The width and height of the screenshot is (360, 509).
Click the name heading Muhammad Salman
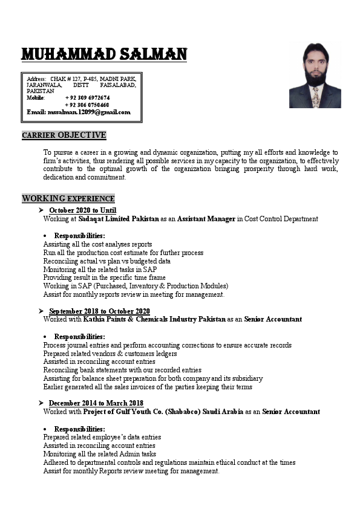pyautogui.click(x=104, y=55)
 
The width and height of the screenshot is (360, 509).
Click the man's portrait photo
pyautogui.click(x=315, y=75)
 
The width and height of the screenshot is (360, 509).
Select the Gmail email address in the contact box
pyautogui.click(x=79, y=112)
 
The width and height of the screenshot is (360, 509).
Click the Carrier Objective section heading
pyautogui.click(x=64, y=135)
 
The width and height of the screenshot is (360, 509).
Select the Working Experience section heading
pyautogui.click(x=68, y=198)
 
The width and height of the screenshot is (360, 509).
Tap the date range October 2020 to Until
pyautogui.click(x=83, y=210)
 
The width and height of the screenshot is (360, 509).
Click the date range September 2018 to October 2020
pyautogui.click(x=99, y=311)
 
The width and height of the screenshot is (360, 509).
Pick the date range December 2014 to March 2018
pyautogui.click(x=96, y=403)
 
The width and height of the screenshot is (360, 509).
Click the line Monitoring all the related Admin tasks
pyautogui.click(x=100, y=454)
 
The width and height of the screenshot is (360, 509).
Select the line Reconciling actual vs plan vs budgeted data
pyautogui.click(x=106, y=261)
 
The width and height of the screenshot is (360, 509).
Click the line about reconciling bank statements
pyautogui.click(x=122, y=370)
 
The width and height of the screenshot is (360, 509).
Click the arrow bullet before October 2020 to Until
pyautogui.click(x=41, y=210)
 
